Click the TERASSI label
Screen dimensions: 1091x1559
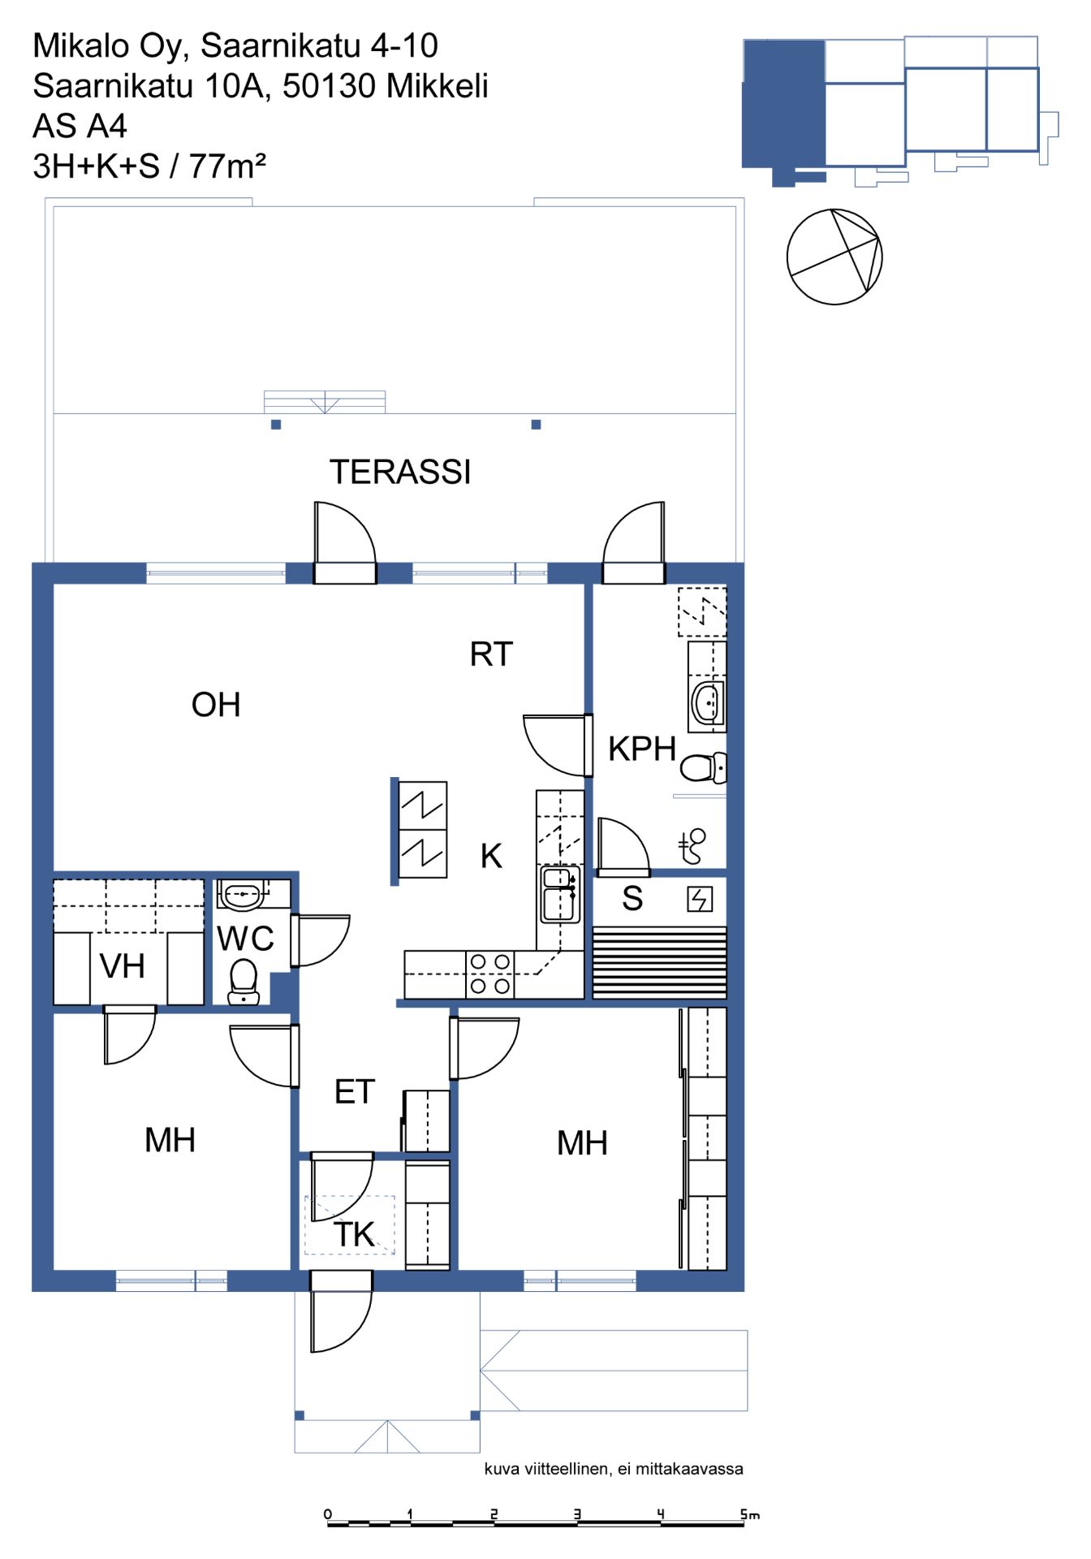pos(400,472)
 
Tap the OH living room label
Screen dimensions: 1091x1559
pos(216,705)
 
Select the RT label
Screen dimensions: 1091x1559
pos(491,654)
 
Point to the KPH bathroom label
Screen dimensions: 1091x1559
pos(642,749)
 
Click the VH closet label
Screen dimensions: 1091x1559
pos(123,966)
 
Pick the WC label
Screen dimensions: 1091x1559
pos(246,939)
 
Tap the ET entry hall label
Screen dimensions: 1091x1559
pos(355,1092)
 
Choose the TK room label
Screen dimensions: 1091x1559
pos(355,1235)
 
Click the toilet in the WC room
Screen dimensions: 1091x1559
pos(244,982)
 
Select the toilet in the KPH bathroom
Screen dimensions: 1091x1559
pos(703,767)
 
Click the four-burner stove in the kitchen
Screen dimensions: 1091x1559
pos(490,974)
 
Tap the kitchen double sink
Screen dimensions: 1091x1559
pos(560,894)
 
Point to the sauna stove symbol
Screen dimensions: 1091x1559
pos(700,899)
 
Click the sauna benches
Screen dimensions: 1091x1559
pos(659,963)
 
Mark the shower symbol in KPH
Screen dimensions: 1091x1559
pos(692,846)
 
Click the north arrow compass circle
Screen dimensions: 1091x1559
pos(834,257)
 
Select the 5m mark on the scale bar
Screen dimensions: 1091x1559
pos(749,1514)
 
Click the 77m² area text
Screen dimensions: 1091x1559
pos(227,166)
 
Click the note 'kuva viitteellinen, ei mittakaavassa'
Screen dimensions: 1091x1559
pos(614,1469)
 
